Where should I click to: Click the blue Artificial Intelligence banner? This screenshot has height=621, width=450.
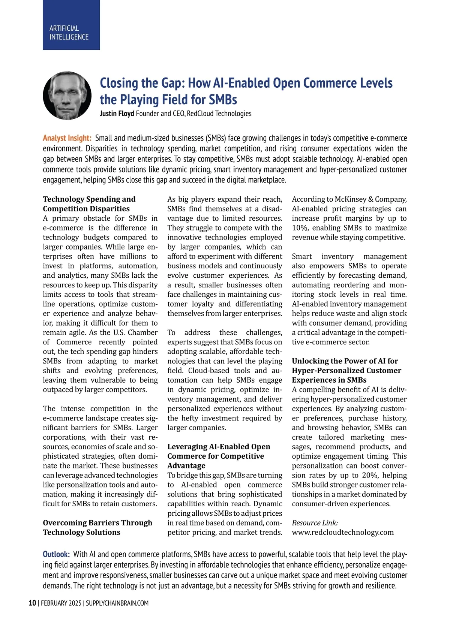point(71,25)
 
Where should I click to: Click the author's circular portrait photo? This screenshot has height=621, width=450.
point(67,96)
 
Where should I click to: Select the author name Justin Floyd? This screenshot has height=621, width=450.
point(117,114)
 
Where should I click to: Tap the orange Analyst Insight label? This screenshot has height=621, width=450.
point(67,138)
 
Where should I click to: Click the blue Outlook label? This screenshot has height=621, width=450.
point(56,554)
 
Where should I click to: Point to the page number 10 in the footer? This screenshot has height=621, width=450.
point(32,603)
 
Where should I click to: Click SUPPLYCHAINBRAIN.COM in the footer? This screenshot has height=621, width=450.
point(117,603)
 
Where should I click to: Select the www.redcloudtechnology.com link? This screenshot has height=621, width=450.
point(343,532)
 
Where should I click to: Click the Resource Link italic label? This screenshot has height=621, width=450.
point(315,523)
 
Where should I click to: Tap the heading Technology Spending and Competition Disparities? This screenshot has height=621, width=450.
point(89,204)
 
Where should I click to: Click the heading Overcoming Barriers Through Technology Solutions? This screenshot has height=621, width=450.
point(97,527)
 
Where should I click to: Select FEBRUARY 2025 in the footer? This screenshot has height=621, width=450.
point(61,603)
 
